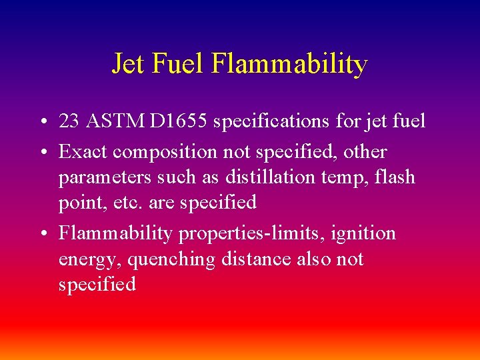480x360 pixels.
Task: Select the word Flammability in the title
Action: pos(290,65)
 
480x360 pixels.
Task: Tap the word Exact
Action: pos(83,151)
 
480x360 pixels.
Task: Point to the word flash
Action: pos(395,177)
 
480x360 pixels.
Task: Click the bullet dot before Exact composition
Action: pos(42,153)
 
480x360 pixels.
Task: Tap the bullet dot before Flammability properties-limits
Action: pos(42,234)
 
